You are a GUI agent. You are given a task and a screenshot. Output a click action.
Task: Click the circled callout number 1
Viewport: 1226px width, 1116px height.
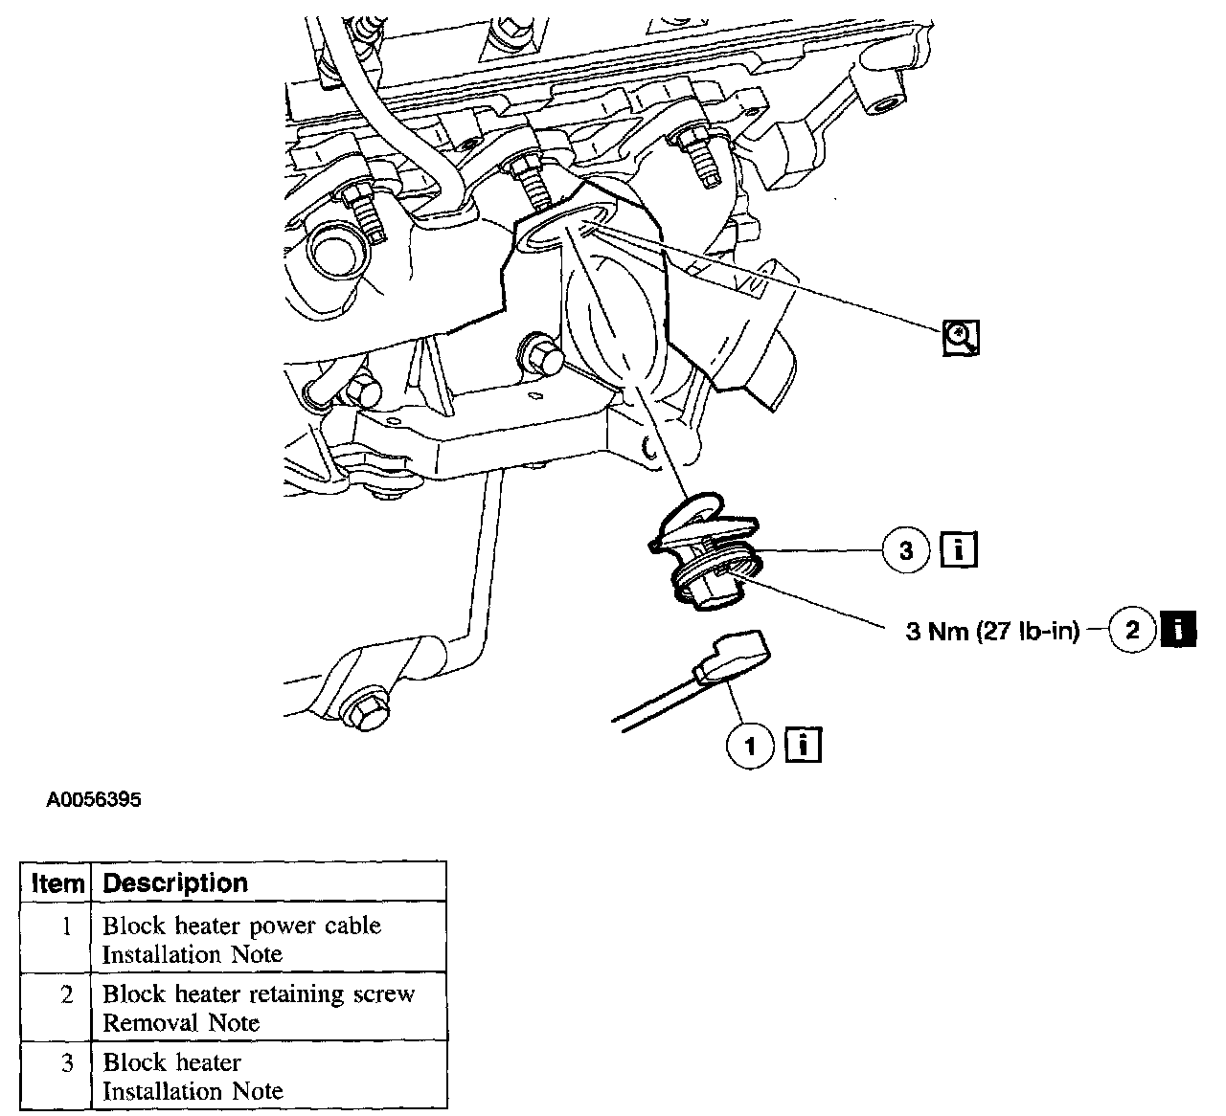(751, 745)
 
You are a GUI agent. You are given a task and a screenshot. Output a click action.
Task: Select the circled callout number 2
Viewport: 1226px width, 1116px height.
(1133, 630)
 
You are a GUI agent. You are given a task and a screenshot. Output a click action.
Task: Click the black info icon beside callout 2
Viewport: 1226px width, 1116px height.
(1178, 630)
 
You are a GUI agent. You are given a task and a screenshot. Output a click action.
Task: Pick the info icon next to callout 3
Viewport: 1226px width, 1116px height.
(959, 549)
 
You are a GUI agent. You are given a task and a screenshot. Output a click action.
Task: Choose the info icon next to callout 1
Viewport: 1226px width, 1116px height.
(803, 745)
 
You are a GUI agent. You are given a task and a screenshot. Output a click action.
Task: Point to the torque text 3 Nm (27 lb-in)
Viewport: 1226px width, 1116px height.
(992, 632)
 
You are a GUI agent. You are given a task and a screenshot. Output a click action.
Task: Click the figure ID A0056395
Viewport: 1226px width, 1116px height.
(92, 799)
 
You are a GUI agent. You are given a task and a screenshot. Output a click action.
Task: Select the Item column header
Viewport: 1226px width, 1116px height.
(57, 882)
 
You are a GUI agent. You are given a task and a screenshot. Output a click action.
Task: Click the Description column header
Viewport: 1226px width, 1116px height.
(175, 882)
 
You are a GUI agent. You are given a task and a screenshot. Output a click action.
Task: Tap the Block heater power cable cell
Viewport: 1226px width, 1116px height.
(241, 926)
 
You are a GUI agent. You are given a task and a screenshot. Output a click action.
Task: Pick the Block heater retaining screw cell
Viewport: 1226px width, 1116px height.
(259, 993)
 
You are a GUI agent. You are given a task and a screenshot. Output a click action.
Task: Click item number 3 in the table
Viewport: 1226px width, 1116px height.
(66, 1062)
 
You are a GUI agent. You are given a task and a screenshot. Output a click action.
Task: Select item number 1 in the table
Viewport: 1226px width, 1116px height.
(66, 926)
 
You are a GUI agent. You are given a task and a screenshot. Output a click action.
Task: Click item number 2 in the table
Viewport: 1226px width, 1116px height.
(66, 994)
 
